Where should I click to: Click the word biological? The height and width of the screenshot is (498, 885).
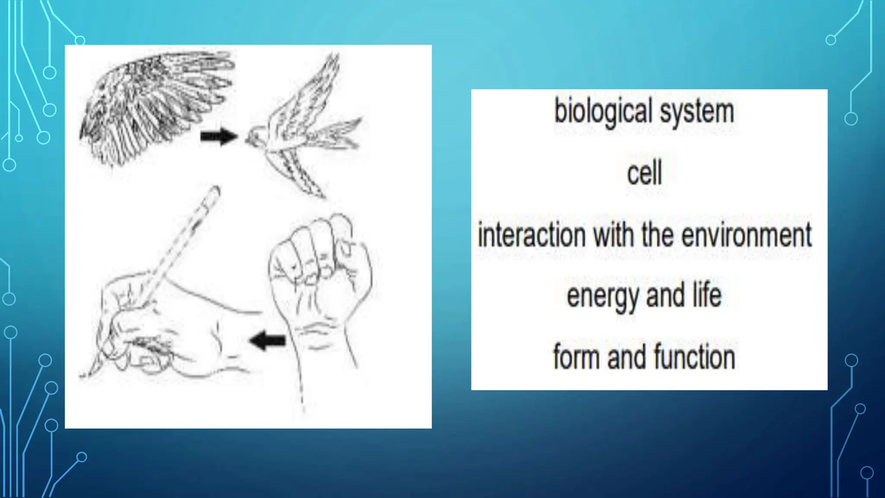[x=603, y=112]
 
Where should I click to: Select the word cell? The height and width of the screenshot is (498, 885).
[x=644, y=173]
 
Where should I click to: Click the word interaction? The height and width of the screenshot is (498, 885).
[x=532, y=236]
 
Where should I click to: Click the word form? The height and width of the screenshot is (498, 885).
[x=577, y=357]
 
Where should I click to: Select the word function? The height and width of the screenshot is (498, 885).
[x=694, y=357]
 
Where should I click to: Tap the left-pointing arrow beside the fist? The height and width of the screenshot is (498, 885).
[x=268, y=340]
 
